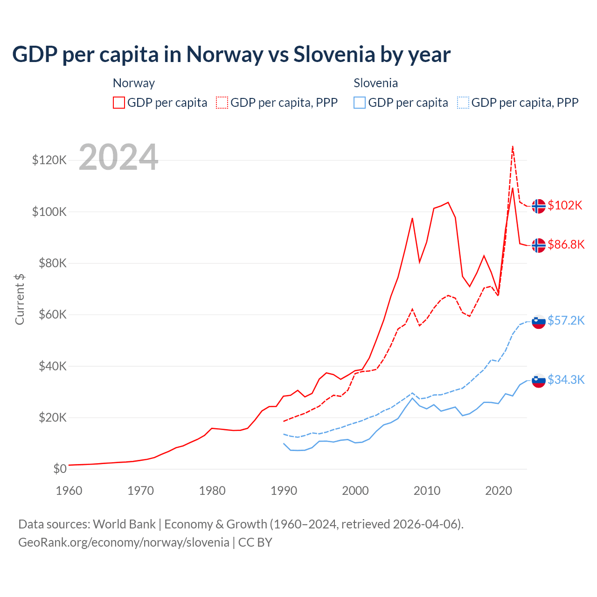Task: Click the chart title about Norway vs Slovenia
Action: click(x=231, y=55)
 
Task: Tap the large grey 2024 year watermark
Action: click(x=118, y=157)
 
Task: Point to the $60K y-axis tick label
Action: click(x=52, y=315)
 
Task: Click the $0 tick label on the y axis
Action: click(x=60, y=469)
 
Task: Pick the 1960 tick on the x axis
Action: click(x=69, y=491)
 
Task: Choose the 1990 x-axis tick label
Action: click(x=284, y=491)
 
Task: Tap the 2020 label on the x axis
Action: click(x=499, y=491)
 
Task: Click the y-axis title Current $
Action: click(x=20, y=299)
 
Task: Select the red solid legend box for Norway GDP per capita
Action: click(x=119, y=103)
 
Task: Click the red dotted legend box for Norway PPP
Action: click(x=222, y=103)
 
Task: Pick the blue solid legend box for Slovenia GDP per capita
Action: click(x=360, y=103)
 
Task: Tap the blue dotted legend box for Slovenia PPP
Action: click(x=463, y=103)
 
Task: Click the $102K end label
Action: click(x=565, y=206)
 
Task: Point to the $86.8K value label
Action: click(x=566, y=245)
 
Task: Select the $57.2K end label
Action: click(x=566, y=321)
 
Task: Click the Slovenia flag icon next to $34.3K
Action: click(x=539, y=380)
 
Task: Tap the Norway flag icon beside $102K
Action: click(x=539, y=206)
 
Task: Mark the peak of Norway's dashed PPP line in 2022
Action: click(x=513, y=146)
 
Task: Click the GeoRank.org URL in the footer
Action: click(x=124, y=542)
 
